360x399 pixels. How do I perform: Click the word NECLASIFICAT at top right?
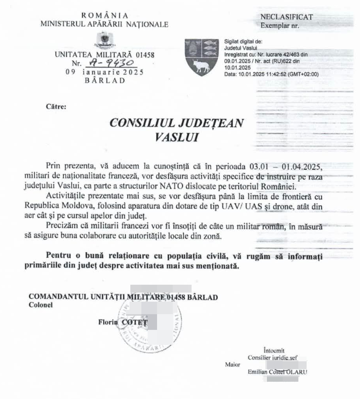click(286, 17)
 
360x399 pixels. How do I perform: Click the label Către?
click(53, 106)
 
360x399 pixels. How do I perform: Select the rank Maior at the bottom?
click(233, 364)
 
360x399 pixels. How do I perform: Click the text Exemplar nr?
click(280, 26)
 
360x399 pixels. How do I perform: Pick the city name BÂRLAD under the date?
click(105, 81)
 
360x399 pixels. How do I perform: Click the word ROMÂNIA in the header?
click(105, 15)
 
